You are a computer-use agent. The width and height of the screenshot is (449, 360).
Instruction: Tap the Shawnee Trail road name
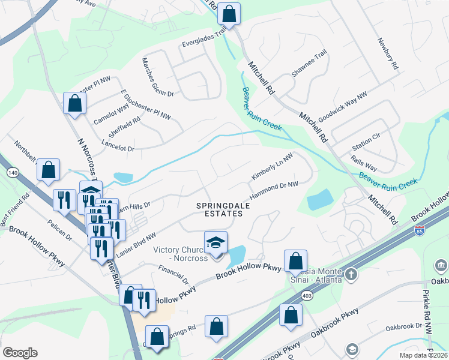pos(309,63)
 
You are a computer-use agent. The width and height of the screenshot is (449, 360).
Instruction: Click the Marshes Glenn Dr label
pos(157,77)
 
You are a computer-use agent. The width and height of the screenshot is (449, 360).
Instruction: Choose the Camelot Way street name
pos(112,114)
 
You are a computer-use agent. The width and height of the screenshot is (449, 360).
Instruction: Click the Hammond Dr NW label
pos(274,191)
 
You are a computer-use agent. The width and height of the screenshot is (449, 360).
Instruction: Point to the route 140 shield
pos(11,173)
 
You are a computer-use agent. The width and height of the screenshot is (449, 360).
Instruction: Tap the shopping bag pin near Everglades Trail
pos(229,13)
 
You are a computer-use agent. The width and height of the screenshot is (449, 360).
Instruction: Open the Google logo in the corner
pos(20,352)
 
